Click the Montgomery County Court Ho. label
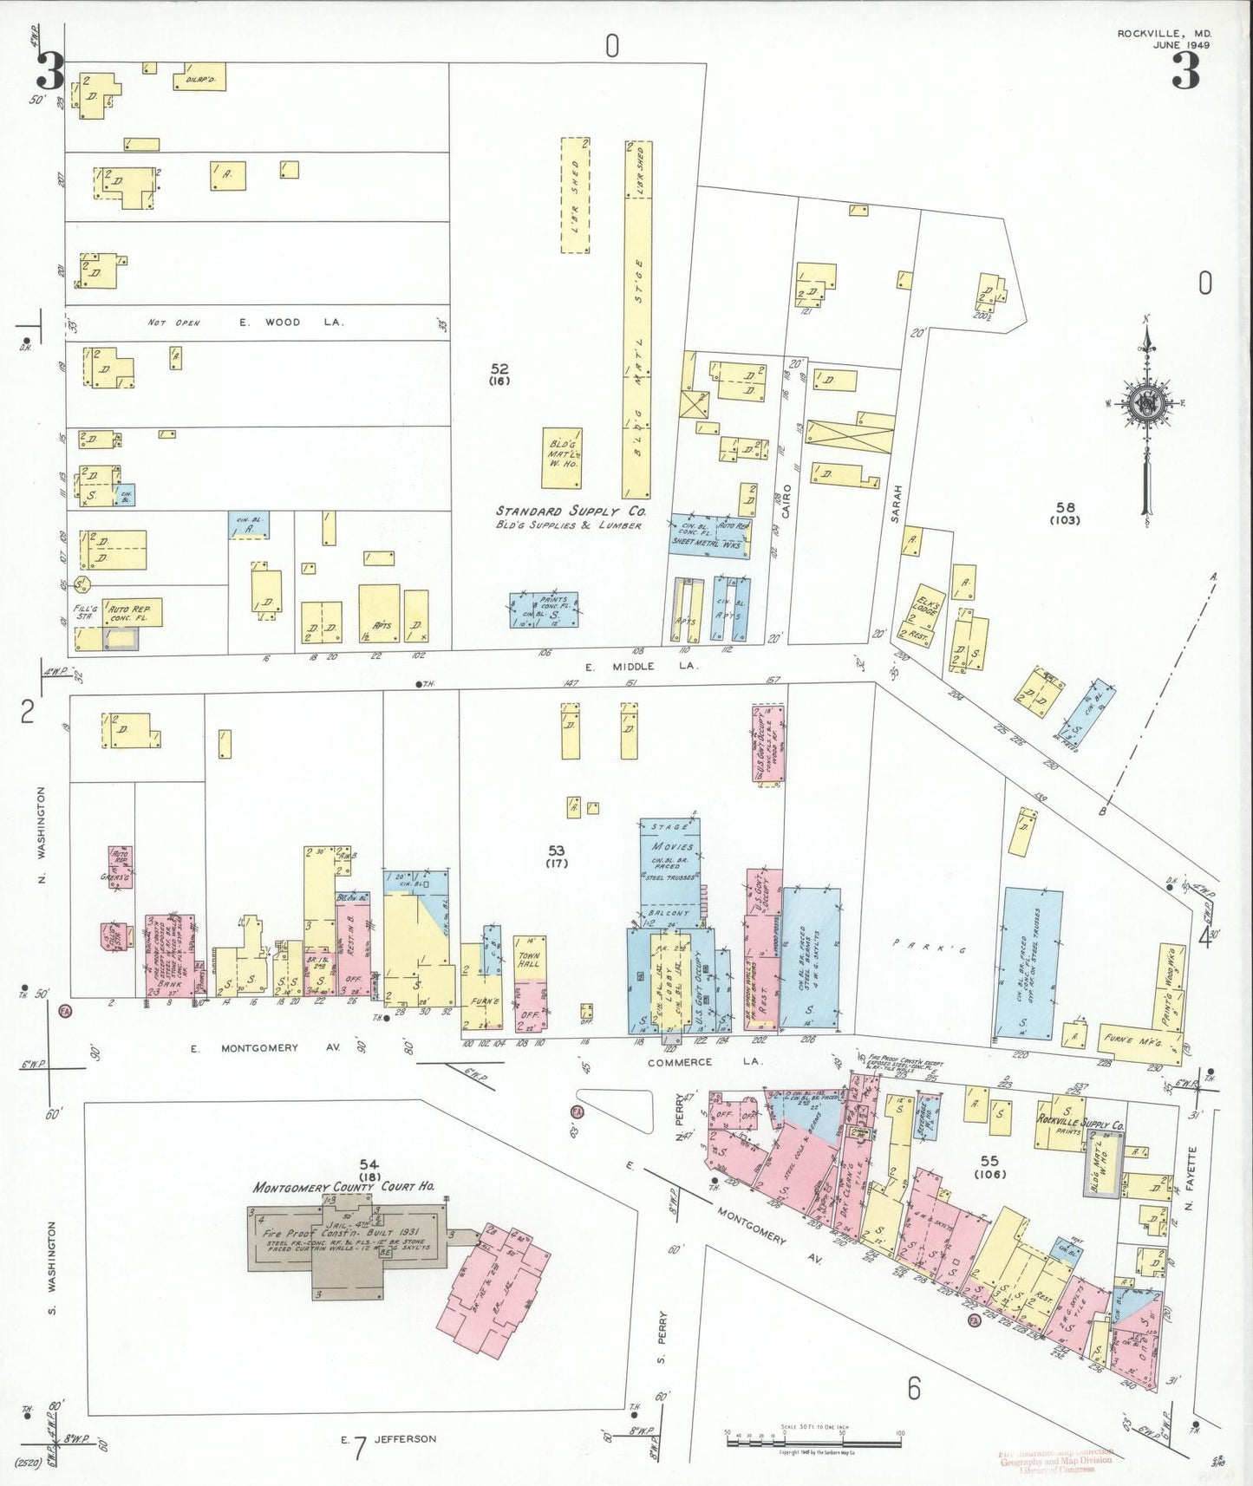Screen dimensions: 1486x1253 [x=343, y=1186]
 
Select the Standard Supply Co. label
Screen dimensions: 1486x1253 [x=571, y=512]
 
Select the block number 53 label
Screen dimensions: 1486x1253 [x=556, y=851]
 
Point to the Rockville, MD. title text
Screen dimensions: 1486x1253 [x=1164, y=34]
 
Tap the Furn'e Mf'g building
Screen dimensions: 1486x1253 [x=1136, y=1039]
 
